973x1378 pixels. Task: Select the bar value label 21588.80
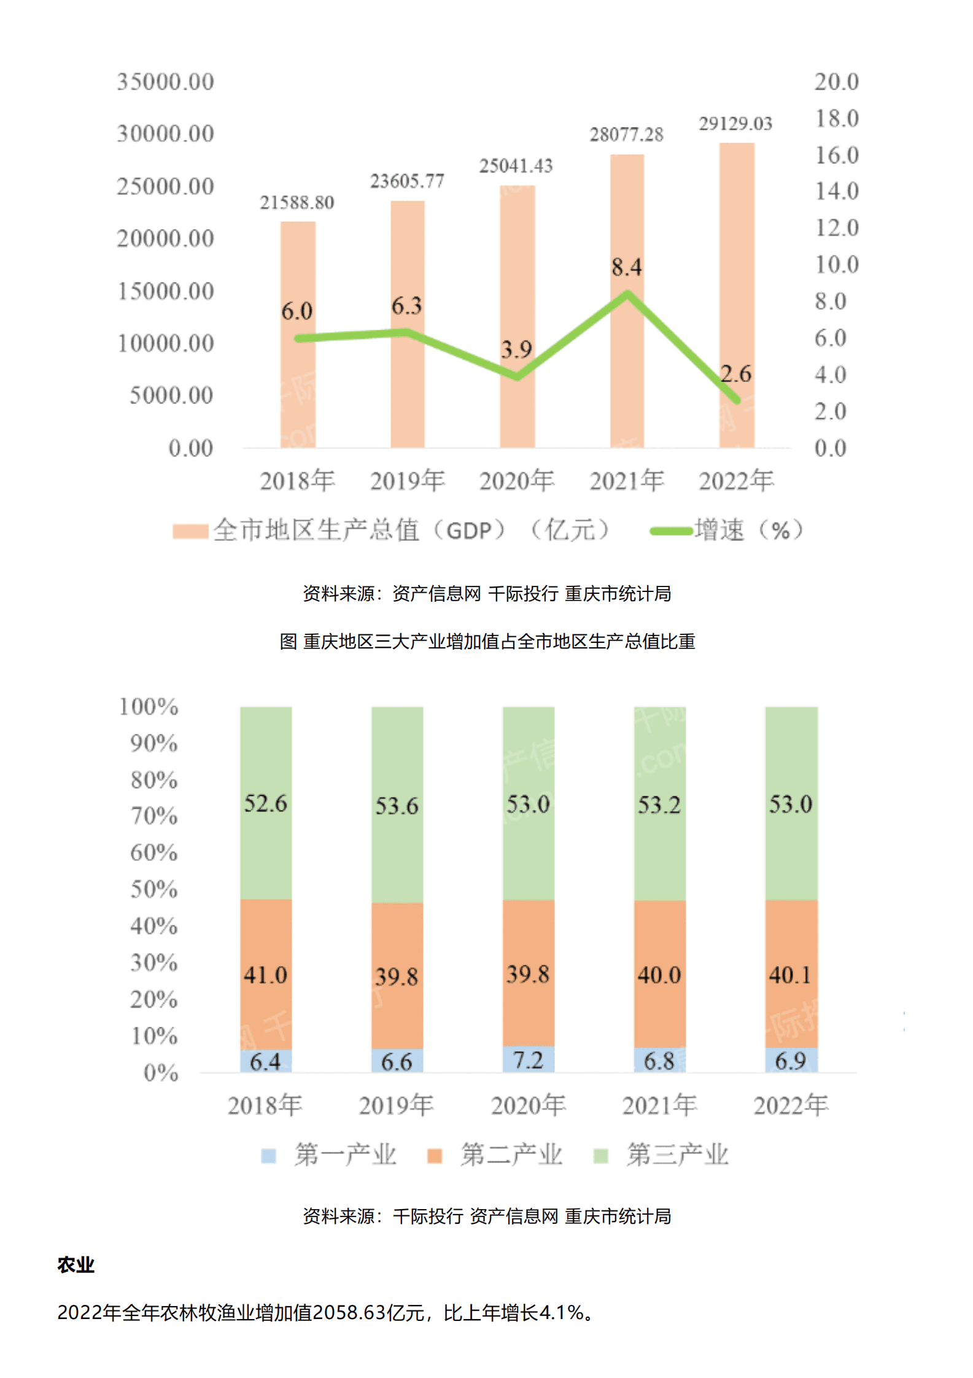pos(297,203)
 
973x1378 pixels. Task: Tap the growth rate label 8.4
pos(626,267)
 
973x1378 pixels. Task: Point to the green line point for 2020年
pos(517,376)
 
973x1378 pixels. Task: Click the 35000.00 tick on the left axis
pos(165,82)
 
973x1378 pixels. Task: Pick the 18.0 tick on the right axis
pos(835,119)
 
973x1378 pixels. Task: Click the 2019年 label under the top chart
pos(407,481)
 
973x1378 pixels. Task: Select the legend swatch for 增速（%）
pos(670,531)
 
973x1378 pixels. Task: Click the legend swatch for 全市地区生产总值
pos(190,531)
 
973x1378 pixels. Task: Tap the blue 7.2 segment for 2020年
pos(528,1059)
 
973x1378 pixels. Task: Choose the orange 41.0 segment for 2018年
pos(265,975)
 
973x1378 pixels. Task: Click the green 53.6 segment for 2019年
pos(397,804)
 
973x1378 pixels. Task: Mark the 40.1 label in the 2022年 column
pos(790,975)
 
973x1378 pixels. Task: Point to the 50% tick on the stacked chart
pos(153,889)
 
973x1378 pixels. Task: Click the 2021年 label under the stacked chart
pos(659,1105)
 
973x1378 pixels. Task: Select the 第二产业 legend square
pos(434,1156)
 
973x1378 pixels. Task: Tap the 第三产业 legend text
pos(676,1154)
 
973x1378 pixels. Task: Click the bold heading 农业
pos(76,1264)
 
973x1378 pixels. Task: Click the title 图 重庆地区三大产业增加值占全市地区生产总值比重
pos(487,641)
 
